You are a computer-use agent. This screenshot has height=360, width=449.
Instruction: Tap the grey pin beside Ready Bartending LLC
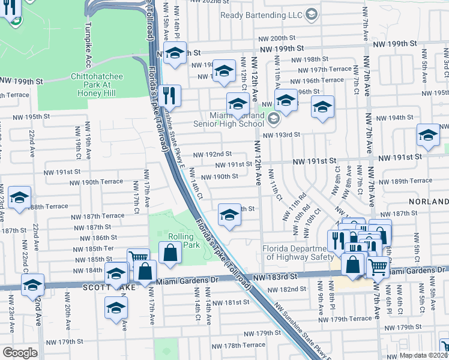tap(311, 14)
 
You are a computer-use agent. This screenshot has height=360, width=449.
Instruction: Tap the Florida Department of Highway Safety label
tap(297, 253)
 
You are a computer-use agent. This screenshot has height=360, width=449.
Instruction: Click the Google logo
tap(20, 352)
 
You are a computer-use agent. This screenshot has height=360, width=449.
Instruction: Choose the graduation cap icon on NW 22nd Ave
tap(32, 285)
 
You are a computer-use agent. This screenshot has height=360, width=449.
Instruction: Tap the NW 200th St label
tap(278, 38)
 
